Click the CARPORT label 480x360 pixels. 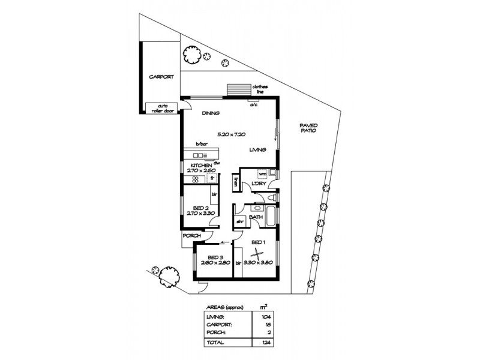pyautogui.click(x=161, y=77)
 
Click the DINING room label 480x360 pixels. pyautogui.click(x=210, y=113)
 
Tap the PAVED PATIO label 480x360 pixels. pyautogui.click(x=309, y=128)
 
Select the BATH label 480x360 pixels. pyautogui.click(x=256, y=217)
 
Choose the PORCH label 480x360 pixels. pyautogui.click(x=191, y=236)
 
